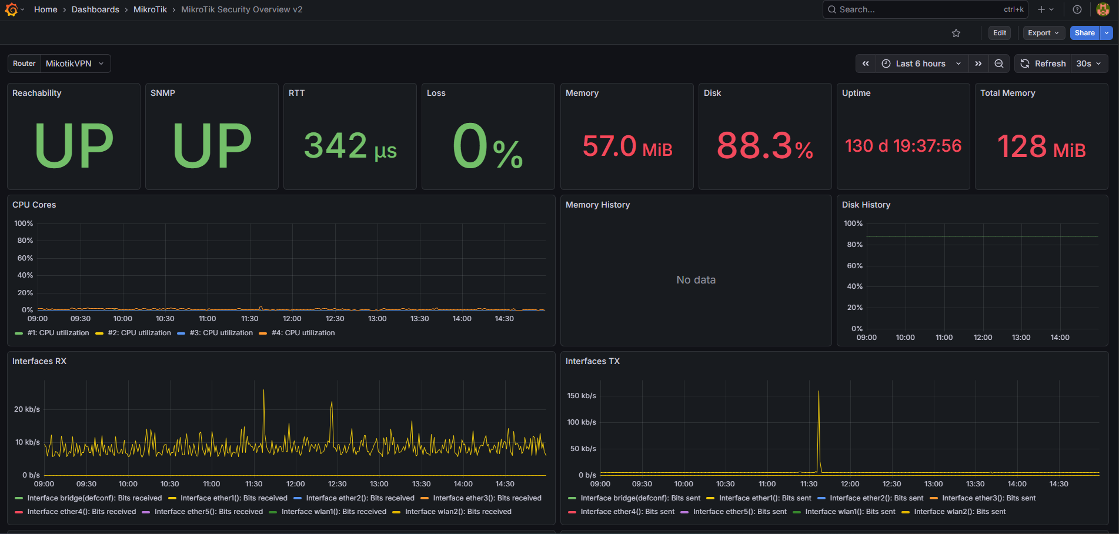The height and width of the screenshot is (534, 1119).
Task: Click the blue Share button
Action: pyautogui.click(x=1084, y=33)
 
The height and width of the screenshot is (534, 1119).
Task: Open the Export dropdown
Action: pyautogui.click(x=1043, y=33)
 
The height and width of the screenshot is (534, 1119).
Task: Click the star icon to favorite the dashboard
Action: pyautogui.click(x=956, y=33)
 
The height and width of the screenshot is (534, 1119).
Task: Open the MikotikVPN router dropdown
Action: pyautogui.click(x=75, y=64)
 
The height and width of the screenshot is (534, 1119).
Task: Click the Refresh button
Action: pyautogui.click(x=1043, y=64)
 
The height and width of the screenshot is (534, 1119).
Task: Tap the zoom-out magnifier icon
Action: pyautogui.click(x=998, y=64)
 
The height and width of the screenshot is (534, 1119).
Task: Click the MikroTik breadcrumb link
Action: pyautogui.click(x=150, y=9)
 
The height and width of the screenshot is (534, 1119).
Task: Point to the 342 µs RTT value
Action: pyautogui.click(x=350, y=146)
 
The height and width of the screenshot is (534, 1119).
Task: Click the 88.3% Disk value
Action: pyautogui.click(x=765, y=146)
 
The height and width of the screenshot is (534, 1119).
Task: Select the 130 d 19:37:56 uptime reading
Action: pyautogui.click(x=903, y=146)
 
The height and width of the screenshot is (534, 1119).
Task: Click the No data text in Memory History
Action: pyautogui.click(x=696, y=280)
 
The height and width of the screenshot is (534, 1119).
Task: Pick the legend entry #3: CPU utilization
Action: pyautogui.click(x=221, y=333)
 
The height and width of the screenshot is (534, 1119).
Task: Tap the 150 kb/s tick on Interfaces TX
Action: pyautogui.click(x=582, y=396)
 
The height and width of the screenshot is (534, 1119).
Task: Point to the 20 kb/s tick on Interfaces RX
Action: pyautogui.click(x=27, y=409)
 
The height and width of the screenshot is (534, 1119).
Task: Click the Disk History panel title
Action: pyautogui.click(x=866, y=205)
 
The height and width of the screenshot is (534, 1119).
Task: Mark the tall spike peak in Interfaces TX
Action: pyautogui.click(x=819, y=391)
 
